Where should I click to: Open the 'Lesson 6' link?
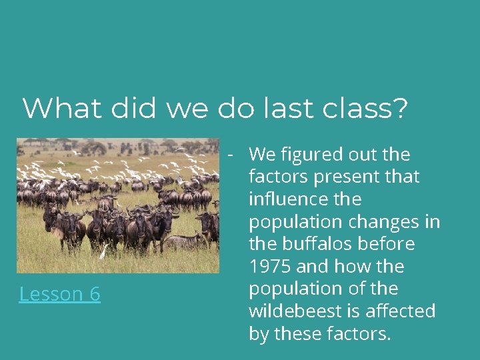[x=60, y=293]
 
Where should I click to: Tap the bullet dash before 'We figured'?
[x=229, y=155]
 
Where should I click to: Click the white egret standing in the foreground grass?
[x=103, y=252]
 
